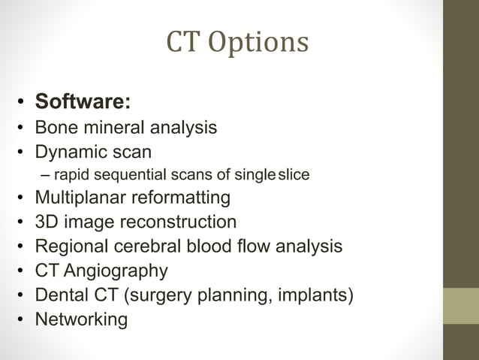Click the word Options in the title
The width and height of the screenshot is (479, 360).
(259, 44)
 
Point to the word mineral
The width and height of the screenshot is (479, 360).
(116, 127)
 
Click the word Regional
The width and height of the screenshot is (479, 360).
(72, 247)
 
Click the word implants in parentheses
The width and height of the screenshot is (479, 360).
(313, 295)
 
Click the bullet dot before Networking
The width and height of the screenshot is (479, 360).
(24, 319)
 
